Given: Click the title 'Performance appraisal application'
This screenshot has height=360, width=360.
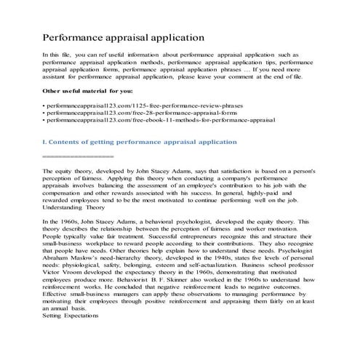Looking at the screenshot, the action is point(123,37).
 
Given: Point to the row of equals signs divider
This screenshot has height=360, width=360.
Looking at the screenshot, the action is point(78,156).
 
